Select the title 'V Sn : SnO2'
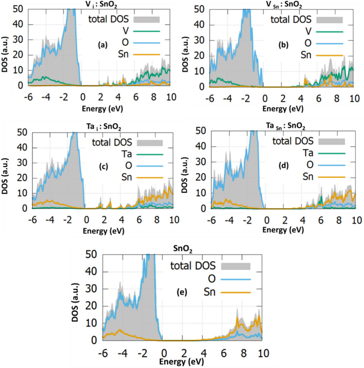pyautogui.click(x=284, y=5)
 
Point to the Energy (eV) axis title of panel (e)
pyautogui.click(x=182, y=360)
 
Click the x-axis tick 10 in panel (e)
pyautogui.click(x=262, y=351)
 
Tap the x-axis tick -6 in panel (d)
pyautogui.click(x=211, y=219)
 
